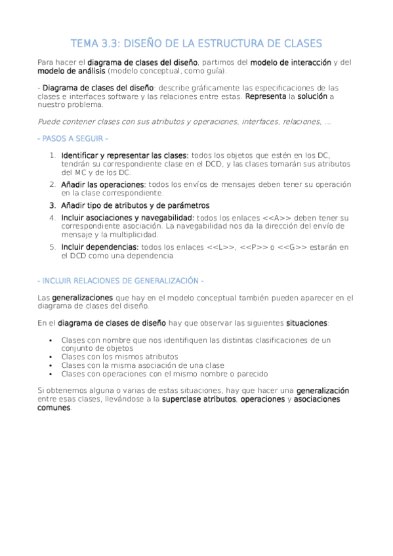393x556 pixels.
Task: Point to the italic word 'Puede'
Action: click(49, 121)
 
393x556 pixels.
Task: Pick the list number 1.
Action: click(52, 155)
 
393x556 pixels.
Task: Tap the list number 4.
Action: click(52, 217)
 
